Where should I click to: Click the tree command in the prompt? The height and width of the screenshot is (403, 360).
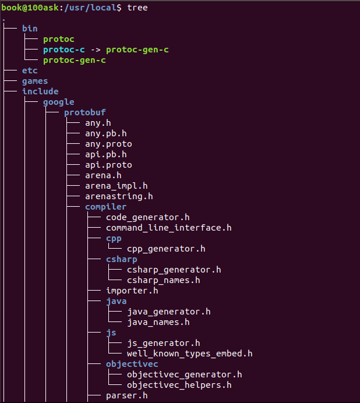click(x=137, y=8)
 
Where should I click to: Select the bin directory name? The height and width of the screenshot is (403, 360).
click(x=30, y=29)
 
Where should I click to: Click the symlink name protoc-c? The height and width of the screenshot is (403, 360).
click(x=64, y=50)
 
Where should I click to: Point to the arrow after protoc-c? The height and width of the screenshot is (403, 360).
click(x=96, y=50)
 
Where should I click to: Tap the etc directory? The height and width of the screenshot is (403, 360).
click(x=30, y=70)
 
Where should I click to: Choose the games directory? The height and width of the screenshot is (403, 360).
click(x=35, y=81)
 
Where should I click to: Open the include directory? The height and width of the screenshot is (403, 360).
click(x=40, y=91)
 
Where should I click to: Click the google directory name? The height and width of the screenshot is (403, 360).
click(x=59, y=102)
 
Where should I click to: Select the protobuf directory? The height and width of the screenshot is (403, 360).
click(x=85, y=112)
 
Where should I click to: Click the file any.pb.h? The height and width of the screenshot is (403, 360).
click(x=106, y=133)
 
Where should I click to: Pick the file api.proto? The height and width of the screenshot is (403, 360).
click(x=108, y=165)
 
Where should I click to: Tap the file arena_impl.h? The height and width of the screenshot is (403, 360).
click(x=117, y=186)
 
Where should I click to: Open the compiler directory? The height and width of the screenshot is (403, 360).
click(x=105, y=207)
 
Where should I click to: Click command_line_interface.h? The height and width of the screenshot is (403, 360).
click(x=169, y=228)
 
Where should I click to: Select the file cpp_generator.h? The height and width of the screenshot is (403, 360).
click(x=166, y=249)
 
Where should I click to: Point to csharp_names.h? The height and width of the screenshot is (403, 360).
click(x=164, y=280)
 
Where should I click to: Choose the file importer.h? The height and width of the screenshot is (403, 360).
click(x=132, y=291)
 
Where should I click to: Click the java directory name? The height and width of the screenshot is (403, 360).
click(x=117, y=301)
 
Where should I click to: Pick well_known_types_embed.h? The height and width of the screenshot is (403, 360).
click(x=190, y=353)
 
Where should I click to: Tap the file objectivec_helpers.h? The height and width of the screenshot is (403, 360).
click(x=179, y=385)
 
